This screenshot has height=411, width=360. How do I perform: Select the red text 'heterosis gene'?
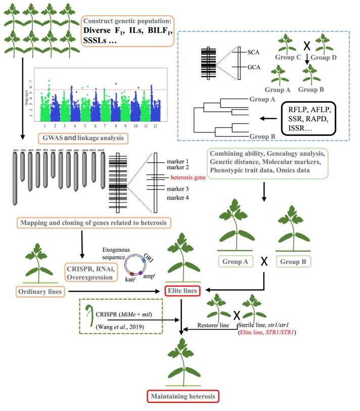click(191, 178)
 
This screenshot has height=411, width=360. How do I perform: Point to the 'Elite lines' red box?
click(184, 291)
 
